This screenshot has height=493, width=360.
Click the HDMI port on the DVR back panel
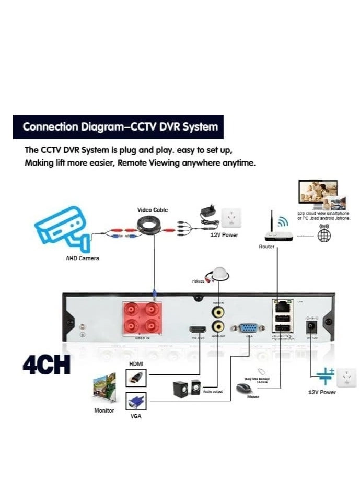(198, 330)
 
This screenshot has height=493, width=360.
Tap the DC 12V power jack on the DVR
(312, 327)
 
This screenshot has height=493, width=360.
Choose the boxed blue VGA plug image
(136, 402)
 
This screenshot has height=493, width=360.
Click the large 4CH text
(47, 365)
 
